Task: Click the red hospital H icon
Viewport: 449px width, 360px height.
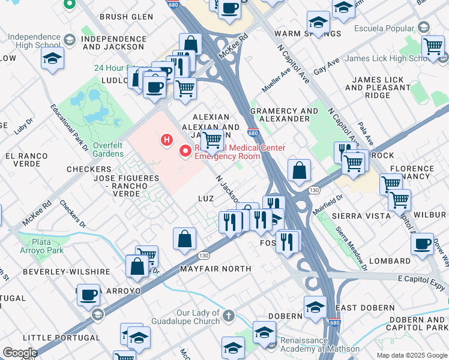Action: pyautogui.click(x=167, y=140)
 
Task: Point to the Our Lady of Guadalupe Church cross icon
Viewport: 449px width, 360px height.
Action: pyautogui.click(x=228, y=314)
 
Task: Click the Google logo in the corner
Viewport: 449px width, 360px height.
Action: pyautogui.click(x=20, y=353)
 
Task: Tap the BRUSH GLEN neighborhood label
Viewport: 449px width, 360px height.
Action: pyautogui.click(x=123, y=17)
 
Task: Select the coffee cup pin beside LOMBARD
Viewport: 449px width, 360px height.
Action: pyautogui.click(x=423, y=244)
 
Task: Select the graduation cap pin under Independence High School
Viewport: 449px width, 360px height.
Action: pyautogui.click(x=53, y=59)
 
